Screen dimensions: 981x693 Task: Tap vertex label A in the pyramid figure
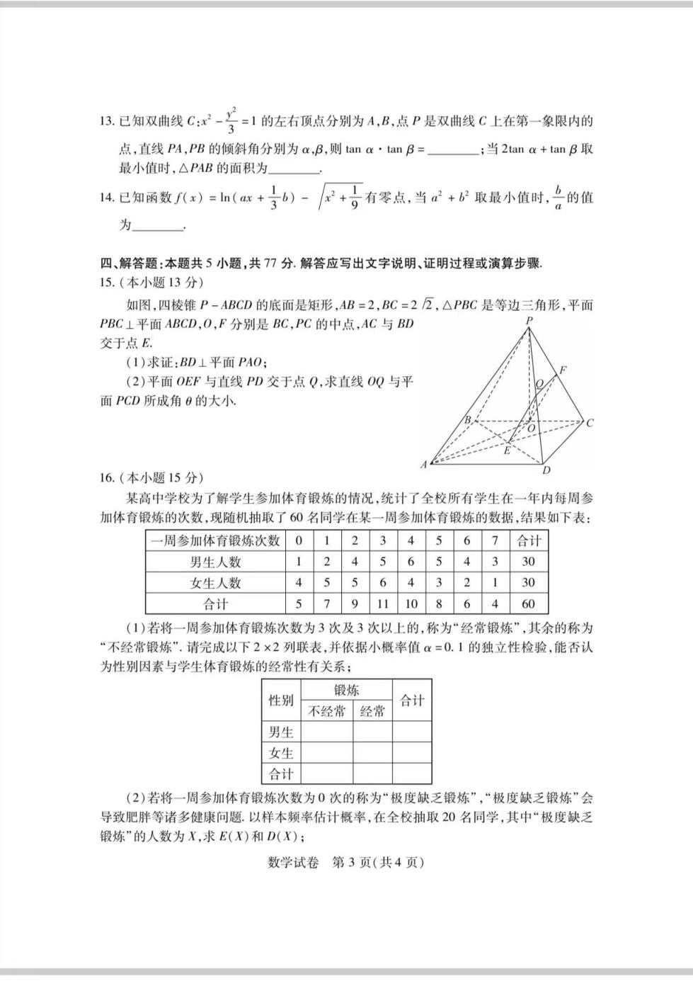[424, 465]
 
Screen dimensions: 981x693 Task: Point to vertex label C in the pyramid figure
[590, 423]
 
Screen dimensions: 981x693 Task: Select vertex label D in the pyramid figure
[546, 470]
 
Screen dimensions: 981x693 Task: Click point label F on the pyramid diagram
[563, 370]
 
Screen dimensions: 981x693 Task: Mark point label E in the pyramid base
[507, 450]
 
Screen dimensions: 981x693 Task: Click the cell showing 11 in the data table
[382, 604]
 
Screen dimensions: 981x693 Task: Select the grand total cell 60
[528, 604]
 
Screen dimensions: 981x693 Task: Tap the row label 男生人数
[215, 562]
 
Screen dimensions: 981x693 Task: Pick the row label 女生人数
[215, 583]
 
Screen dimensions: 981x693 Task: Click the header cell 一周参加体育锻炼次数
[215, 541]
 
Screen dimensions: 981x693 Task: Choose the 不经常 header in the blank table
[327, 711]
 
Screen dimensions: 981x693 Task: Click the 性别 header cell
[281, 701]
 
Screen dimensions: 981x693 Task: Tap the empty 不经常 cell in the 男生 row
[327, 732]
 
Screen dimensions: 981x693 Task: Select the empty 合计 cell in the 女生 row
[412, 753]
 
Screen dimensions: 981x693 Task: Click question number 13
[107, 121]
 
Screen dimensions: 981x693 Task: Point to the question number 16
[107, 477]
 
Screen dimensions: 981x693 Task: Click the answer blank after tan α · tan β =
[453, 150]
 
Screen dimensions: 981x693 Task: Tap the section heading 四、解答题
[131, 263]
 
